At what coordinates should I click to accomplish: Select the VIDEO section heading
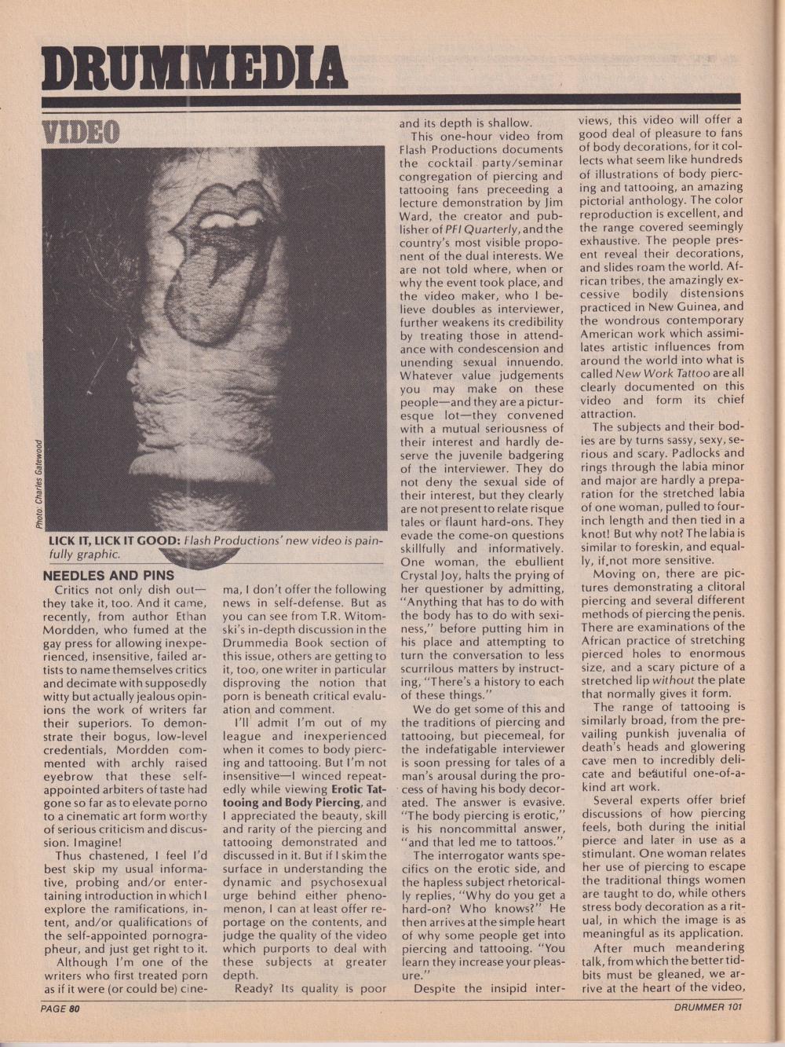pyautogui.click(x=80, y=133)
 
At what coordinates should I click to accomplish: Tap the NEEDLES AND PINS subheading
pyautogui.click(x=108, y=575)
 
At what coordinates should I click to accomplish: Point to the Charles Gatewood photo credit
pyautogui.click(x=38, y=484)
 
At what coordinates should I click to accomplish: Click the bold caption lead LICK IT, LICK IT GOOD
pyautogui.click(x=115, y=540)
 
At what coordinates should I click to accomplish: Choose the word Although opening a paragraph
pyautogui.click(x=87, y=961)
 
